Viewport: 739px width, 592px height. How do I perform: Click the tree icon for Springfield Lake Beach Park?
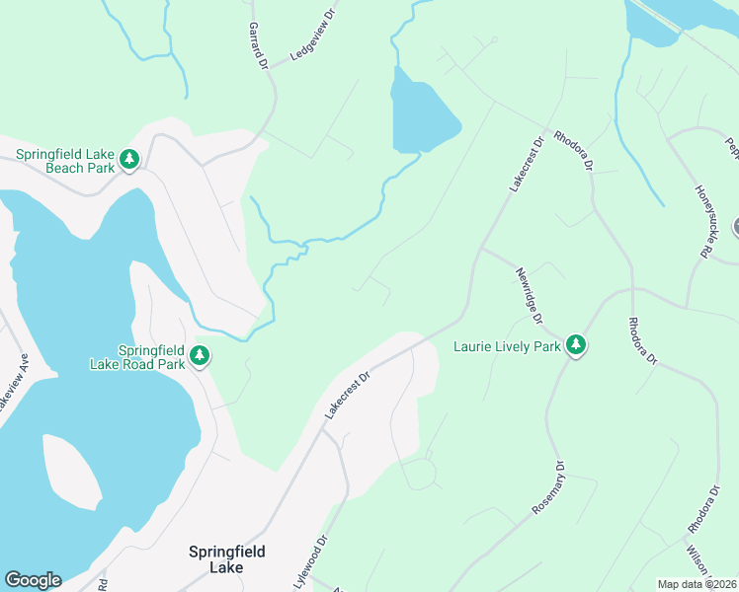(128, 159)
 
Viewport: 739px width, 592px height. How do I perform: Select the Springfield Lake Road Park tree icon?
(200, 355)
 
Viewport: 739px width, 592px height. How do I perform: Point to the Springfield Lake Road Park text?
(151, 357)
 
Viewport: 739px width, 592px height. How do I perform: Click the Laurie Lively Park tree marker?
(575, 345)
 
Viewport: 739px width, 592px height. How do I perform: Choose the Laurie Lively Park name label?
(507, 346)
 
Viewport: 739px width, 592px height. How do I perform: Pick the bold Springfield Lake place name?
(227, 559)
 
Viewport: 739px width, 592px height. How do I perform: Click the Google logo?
(33, 580)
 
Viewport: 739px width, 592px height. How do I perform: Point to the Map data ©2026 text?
(697, 584)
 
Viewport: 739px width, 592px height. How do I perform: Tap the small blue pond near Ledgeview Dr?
(422, 114)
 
